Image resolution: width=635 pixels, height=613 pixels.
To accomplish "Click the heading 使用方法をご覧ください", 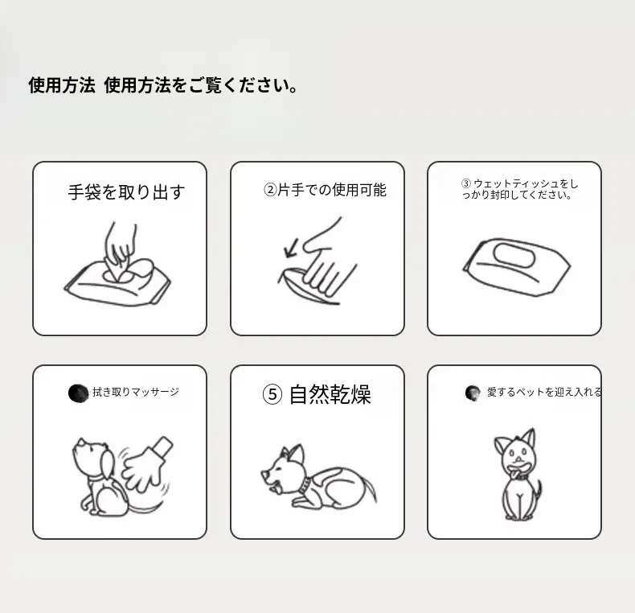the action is [201, 85].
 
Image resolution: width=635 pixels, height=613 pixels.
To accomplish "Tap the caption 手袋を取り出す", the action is [126, 191].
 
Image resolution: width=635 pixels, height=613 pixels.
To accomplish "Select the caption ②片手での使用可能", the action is [325, 190].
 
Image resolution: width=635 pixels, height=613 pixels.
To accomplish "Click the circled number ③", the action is [466, 183].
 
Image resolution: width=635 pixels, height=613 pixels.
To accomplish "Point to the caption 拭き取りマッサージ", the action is [136, 392].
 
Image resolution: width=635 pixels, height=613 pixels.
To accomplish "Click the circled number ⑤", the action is [272, 394].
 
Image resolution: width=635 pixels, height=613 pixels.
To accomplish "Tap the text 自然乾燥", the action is [330, 394].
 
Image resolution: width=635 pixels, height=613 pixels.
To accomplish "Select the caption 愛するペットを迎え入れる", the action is [544, 392].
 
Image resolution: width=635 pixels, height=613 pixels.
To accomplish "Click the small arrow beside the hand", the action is [291, 248].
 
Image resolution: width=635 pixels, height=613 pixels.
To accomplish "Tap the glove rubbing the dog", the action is [147, 463].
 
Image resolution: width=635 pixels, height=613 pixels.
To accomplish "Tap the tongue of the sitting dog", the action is [514, 473].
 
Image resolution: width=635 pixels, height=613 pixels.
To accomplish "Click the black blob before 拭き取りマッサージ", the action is [78, 393].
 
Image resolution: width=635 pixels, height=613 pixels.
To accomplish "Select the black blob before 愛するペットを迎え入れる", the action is [473, 393].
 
